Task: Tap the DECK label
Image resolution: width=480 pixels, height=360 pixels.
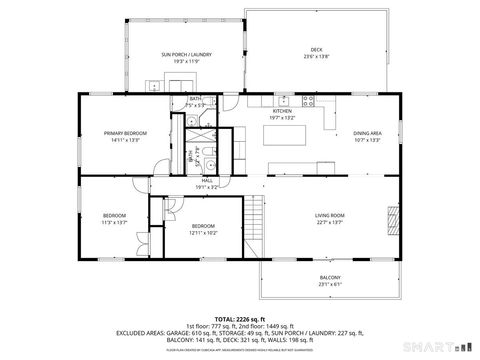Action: pos(316,49)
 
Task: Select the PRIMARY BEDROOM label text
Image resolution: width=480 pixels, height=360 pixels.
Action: pos(127,132)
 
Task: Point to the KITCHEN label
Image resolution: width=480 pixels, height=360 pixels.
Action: pos(283,111)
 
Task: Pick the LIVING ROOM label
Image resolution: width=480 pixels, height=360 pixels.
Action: pos(330,215)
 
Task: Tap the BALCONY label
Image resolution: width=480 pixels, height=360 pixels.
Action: pos(330,277)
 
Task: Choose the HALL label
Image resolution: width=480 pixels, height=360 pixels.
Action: pos(207,180)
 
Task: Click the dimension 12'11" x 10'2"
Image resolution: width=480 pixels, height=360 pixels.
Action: pos(203,232)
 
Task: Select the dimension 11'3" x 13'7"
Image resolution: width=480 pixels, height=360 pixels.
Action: pos(115,222)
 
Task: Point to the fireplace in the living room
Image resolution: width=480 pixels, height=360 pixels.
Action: pos(391,217)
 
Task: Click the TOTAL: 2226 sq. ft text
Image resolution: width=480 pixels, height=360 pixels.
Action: pos(239,318)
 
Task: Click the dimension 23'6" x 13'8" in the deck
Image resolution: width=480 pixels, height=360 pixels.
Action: pos(316,56)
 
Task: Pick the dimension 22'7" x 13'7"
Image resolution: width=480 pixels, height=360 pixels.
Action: pos(330,222)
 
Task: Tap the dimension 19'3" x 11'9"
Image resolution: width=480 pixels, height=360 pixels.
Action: pos(181,61)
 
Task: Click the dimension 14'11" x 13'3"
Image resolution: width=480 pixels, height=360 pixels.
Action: pos(127,139)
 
